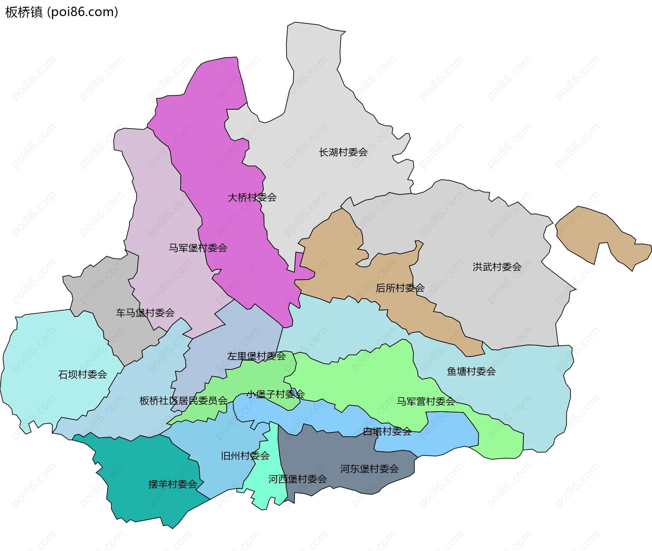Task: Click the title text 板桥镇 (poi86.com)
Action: click(61, 12)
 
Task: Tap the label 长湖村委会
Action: click(343, 152)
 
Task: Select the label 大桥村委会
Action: click(252, 197)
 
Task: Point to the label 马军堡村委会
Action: click(198, 248)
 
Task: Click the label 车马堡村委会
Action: click(145, 313)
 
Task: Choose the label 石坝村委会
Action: click(83, 375)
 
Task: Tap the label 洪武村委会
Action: click(497, 267)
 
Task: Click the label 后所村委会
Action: click(400, 288)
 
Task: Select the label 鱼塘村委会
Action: click(471, 372)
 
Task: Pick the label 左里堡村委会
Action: click(256, 356)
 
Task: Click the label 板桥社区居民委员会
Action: click(183, 401)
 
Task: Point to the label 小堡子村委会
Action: click(275, 394)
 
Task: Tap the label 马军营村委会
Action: click(425, 402)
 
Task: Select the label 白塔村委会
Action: click(387, 432)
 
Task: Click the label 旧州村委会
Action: click(245, 456)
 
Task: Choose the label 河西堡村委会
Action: click(297, 479)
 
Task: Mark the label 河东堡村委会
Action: click(369, 469)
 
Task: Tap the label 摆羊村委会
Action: click(173, 484)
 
